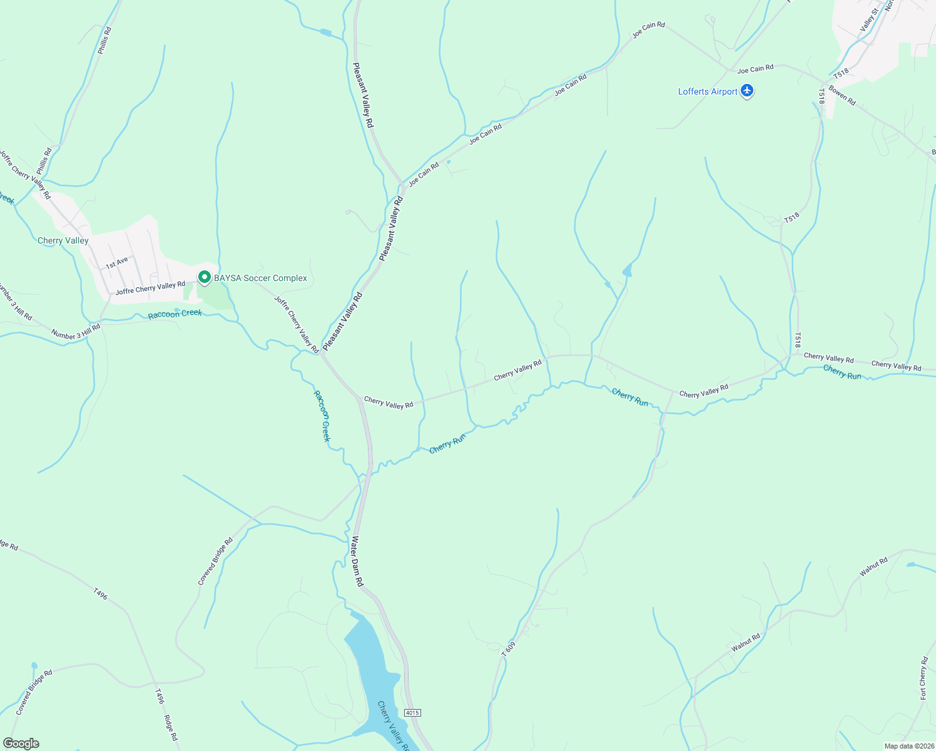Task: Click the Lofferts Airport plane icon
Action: click(x=747, y=91)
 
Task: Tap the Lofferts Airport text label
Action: click(x=708, y=92)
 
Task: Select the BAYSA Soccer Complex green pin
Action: click(x=204, y=277)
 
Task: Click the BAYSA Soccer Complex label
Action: click(x=260, y=278)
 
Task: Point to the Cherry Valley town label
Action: click(x=63, y=241)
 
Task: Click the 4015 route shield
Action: click(x=412, y=713)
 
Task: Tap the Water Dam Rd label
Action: click(x=357, y=561)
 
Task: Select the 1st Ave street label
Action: click(x=116, y=263)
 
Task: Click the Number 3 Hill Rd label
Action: click(x=76, y=331)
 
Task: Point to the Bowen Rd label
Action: click(x=842, y=95)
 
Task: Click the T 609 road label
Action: click(x=509, y=649)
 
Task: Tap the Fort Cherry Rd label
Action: click(x=923, y=678)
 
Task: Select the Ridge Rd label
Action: click(x=171, y=728)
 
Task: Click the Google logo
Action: click(x=21, y=743)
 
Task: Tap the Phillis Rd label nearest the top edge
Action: click(x=104, y=40)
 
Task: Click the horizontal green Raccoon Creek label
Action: click(x=175, y=314)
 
